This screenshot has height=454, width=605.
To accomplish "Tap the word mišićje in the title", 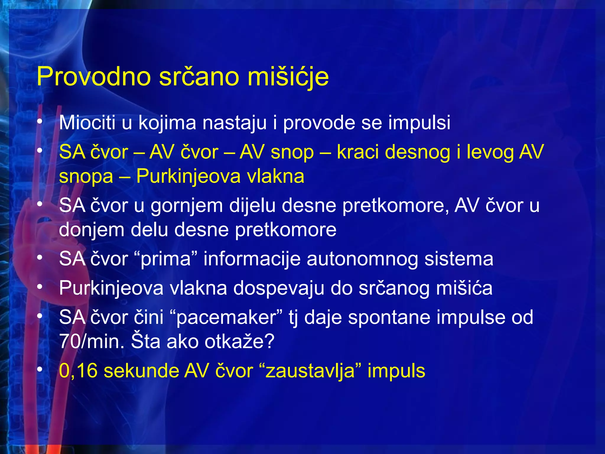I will pos(288,77).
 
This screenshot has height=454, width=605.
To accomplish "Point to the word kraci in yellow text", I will pos(357,152).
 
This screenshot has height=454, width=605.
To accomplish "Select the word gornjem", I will pos(187,206).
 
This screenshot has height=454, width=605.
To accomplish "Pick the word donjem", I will pos(92,230).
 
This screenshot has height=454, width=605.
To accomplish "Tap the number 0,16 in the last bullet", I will pos(78,371).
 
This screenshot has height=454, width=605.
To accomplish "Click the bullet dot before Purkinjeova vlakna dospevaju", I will pos(40,287).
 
